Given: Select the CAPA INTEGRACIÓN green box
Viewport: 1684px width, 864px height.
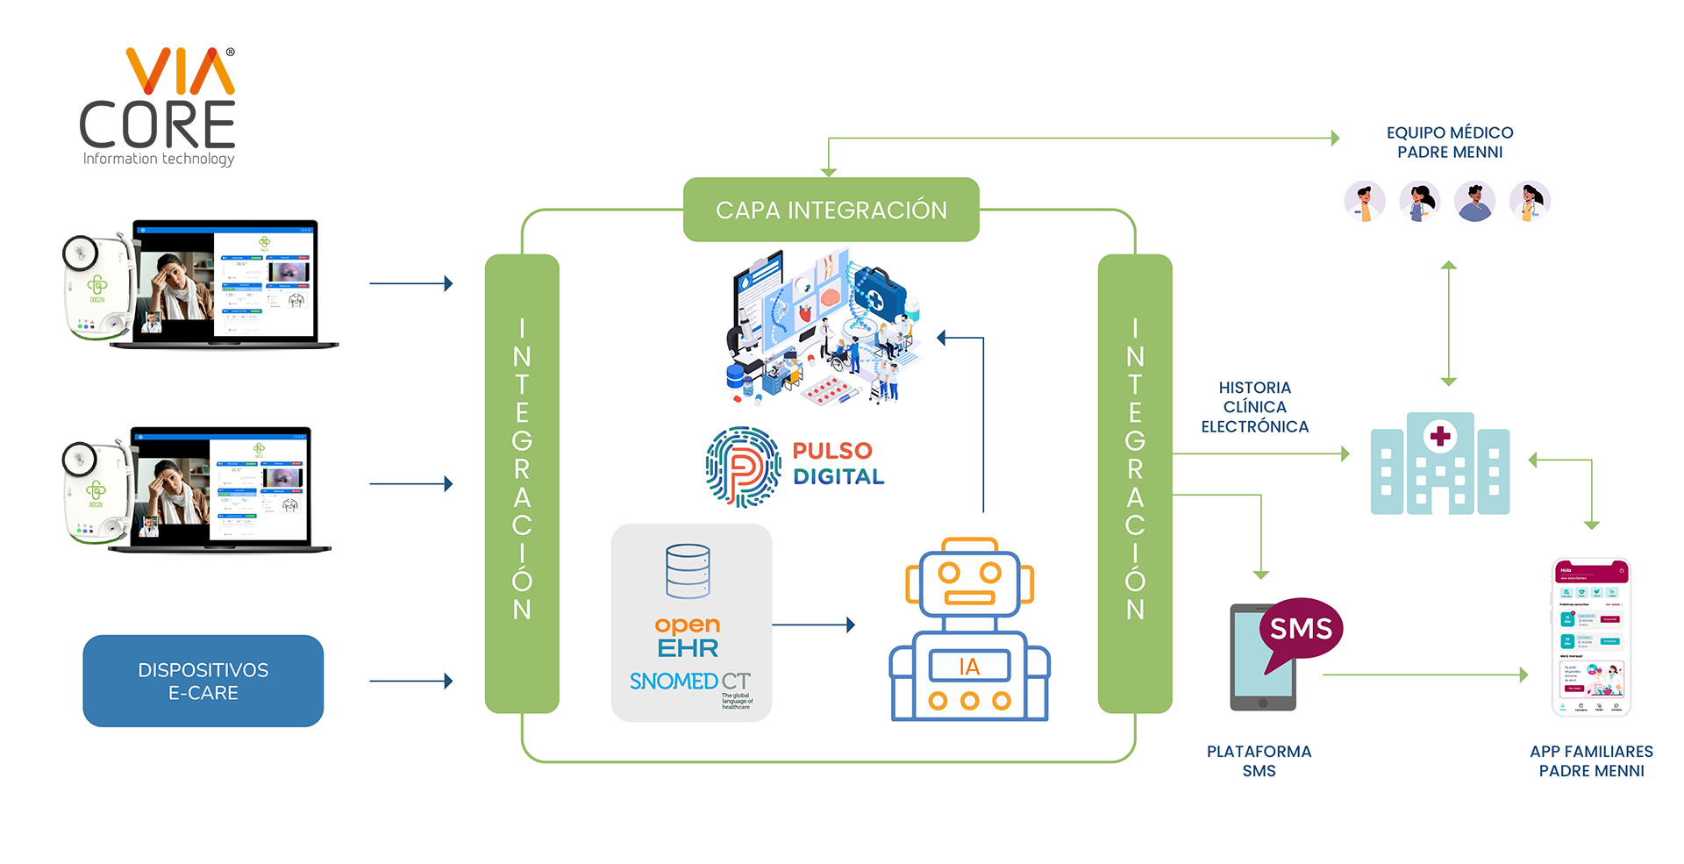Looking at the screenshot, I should coord(831,210).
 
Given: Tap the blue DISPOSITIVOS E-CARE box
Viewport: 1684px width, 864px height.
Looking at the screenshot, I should coord(203,681).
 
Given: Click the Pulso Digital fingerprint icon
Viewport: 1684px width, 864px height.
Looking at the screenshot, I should coord(743,467).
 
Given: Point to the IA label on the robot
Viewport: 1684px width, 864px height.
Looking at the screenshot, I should coord(969,667).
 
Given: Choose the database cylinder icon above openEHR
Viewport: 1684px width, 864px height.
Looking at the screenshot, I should coord(688,571).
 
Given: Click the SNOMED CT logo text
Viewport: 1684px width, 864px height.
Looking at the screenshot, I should coord(689,682).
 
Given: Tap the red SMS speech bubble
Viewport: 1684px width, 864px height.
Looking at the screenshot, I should coord(1301,629).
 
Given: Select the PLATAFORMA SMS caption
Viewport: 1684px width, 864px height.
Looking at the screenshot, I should coord(1259,760).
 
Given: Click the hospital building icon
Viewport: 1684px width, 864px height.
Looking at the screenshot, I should coord(1439,464).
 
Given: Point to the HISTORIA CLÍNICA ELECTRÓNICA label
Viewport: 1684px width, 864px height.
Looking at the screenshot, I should coord(1254,407).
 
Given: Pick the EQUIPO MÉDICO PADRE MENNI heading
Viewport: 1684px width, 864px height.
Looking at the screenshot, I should coord(1449,142).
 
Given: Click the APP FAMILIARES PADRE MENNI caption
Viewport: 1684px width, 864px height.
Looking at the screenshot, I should coord(1591,760).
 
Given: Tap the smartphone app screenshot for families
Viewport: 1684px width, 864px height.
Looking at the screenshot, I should coord(1591,638).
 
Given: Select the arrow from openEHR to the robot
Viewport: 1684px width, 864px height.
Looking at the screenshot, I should coord(813,625).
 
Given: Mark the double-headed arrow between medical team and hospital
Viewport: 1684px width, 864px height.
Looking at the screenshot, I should coord(1449,324).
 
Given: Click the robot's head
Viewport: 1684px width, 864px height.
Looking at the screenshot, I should coord(969,582).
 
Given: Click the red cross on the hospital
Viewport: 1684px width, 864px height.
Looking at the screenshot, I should coord(1440,436).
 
